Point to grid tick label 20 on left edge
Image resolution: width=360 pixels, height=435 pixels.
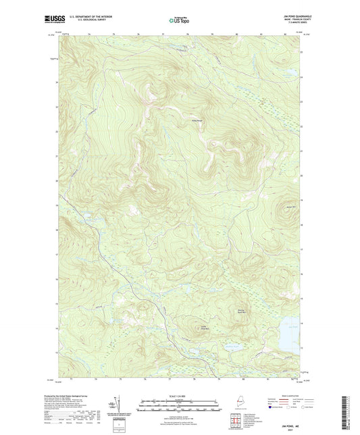pos(56,181)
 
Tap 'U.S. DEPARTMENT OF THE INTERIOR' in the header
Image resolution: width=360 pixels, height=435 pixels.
pos(84,18)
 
